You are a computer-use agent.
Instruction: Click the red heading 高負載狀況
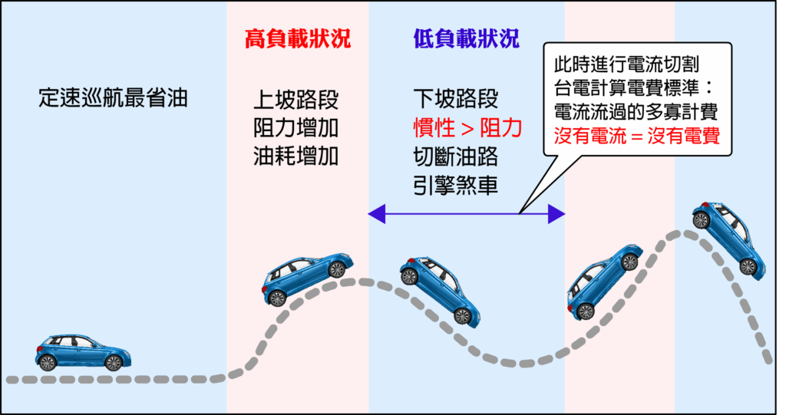click(x=297, y=39)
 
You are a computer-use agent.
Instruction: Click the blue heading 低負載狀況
click(x=466, y=39)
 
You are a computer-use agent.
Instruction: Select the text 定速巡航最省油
click(x=113, y=99)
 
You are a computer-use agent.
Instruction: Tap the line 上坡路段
click(x=296, y=100)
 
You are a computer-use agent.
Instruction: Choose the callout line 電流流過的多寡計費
click(x=635, y=112)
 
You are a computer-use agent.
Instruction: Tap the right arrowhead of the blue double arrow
click(x=556, y=215)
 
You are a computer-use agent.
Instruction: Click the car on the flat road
click(x=82, y=353)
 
